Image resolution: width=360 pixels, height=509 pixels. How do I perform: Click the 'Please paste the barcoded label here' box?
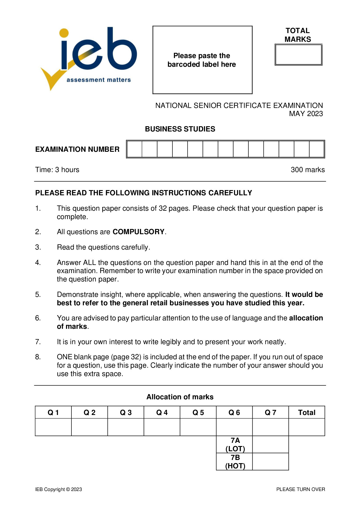tap(202, 60)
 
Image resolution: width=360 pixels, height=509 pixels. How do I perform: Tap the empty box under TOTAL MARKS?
tap(298, 55)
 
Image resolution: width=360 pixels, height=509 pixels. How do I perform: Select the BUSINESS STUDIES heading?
tap(180, 129)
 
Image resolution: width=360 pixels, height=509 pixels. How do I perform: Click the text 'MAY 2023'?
tap(306, 114)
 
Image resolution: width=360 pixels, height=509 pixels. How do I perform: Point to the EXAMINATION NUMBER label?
tap(77, 149)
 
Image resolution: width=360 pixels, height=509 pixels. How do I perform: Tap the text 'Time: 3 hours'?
tap(57, 170)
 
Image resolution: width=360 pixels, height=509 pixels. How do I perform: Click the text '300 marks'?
tap(307, 170)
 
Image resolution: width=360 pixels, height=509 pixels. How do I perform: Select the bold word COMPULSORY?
tap(138, 232)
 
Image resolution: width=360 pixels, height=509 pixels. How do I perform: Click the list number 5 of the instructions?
tap(38, 295)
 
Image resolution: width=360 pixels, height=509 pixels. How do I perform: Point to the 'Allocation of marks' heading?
tap(180, 397)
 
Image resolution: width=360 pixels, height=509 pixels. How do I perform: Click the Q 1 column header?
tap(53, 412)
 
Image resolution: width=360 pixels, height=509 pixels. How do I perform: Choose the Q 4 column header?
tap(162, 412)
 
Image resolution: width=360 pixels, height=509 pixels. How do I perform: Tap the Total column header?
tap(307, 412)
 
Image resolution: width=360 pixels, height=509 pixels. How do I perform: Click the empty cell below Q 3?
tap(126, 427)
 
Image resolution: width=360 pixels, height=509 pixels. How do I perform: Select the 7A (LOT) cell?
tap(235, 445)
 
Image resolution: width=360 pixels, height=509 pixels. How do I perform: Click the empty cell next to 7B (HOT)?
tap(271, 461)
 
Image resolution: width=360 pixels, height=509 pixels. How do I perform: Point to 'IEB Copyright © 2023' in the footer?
tap(59, 489)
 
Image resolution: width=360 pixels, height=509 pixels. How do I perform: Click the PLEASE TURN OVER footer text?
tap(300, 489)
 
